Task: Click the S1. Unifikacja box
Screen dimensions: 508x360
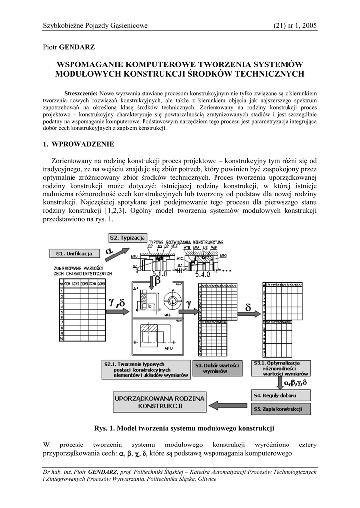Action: (74, 254)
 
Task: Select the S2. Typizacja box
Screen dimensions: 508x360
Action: (127, 238)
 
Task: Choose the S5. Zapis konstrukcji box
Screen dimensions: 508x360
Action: (282, 409)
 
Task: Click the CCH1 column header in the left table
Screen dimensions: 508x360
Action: (68, 283)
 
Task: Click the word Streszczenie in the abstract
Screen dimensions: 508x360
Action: (81, 93)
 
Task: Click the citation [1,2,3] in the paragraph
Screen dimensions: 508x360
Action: (117, 210)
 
